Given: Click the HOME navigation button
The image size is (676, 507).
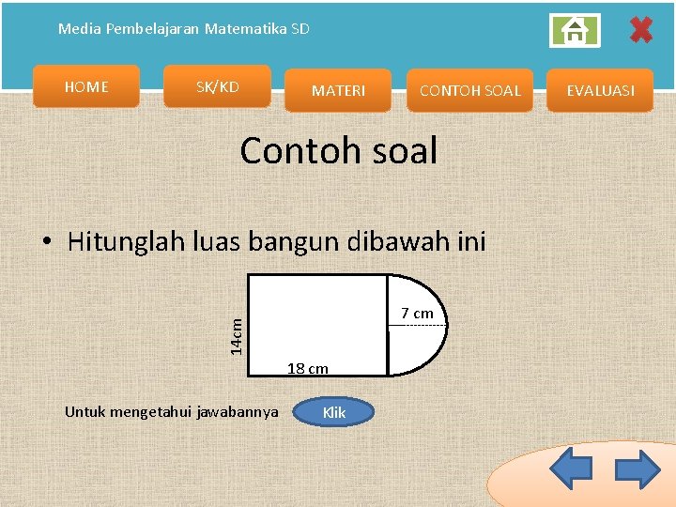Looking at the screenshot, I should tap(86, 87).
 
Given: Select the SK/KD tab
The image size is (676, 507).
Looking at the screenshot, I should tap(217, 87).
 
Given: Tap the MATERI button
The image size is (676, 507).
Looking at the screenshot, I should tap(338, 91).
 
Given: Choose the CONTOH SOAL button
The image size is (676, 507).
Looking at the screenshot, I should tap(469, 91).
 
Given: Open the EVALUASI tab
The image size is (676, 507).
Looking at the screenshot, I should tap(601, 91).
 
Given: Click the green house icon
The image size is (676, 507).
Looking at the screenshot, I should tap(574, 31).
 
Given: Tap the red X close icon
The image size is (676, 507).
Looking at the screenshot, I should tap(640, 30).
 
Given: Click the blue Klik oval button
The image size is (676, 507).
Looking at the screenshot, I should tap(333, 412).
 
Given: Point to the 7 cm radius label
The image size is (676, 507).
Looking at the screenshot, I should tap(417, 313).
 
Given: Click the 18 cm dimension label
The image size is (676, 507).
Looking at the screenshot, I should tap(307, 368).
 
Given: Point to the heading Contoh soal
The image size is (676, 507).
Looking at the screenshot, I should tap(338, 150).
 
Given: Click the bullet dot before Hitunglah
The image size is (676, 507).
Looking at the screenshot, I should tap(46, 243).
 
